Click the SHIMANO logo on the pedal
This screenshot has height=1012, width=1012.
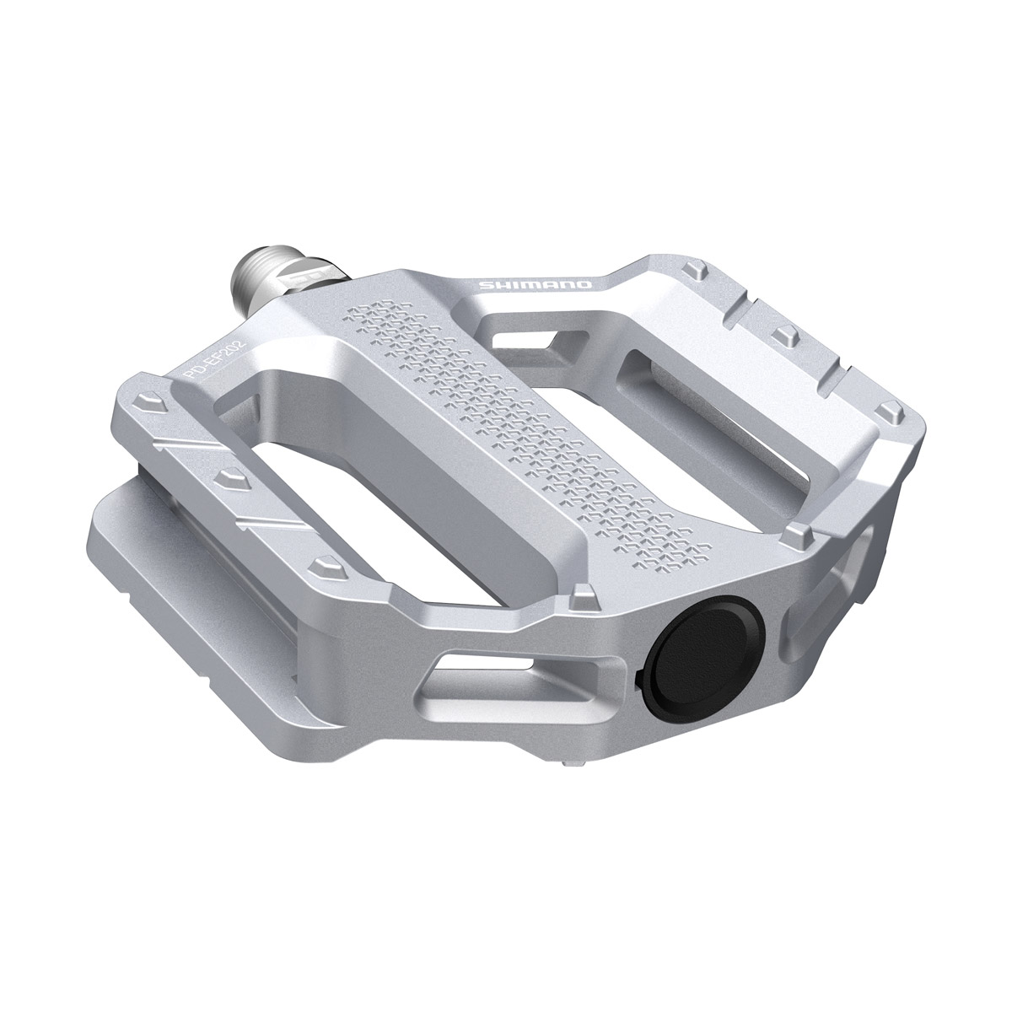pyautogui.click(x=537, y=287)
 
